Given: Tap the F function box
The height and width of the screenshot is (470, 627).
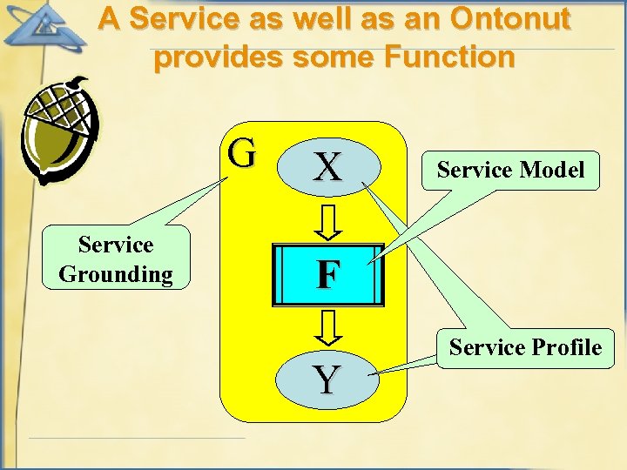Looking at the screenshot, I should (328, 274).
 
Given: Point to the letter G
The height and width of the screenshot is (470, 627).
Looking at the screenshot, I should (243, 153).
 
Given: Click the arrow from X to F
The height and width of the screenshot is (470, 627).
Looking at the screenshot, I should (328, 222).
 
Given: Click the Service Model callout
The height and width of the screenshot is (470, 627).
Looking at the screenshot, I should (510, 170).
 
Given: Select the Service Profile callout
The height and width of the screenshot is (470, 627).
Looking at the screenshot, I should (525, 347).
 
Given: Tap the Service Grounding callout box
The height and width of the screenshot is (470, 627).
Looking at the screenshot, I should (116, 258).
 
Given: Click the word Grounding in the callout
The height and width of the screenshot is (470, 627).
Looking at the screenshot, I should (116, 274).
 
